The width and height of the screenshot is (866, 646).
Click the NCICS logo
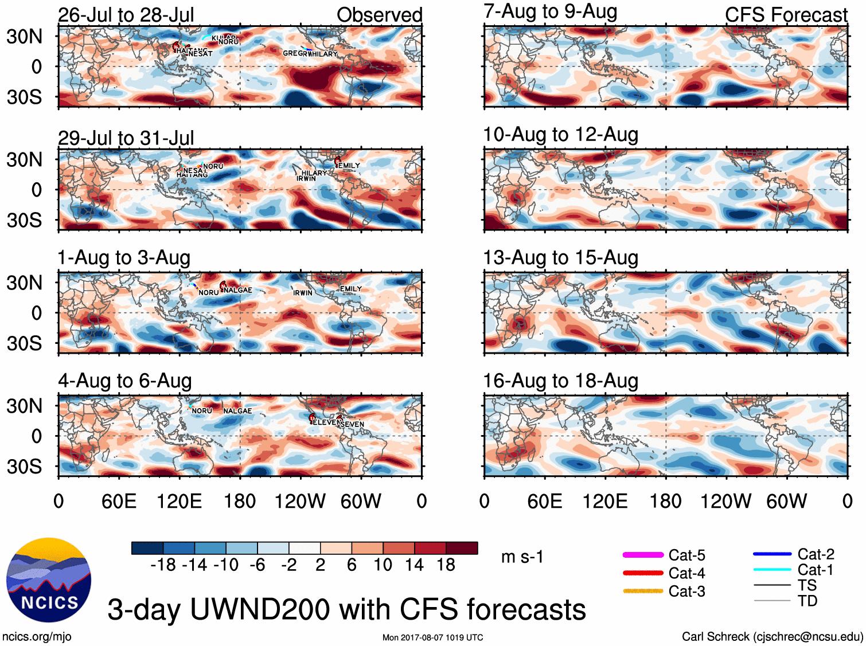[x=49, y=580]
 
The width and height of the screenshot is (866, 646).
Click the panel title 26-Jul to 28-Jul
[x=126, y=15]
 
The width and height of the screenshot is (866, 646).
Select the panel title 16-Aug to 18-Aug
[x=560, y=381]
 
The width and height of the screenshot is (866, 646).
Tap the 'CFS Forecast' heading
[x=786, y=15]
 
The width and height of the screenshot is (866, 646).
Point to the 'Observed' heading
[x=379, y=15]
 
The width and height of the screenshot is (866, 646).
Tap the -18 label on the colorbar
[x=163, y=565]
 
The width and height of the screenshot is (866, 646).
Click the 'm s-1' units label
[x=522, y=557]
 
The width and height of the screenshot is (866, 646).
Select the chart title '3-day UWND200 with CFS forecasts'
[x=346, y=609]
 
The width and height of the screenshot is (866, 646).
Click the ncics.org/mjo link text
[x=37, y=636]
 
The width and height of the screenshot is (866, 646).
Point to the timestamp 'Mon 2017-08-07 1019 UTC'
[x=432, y=637]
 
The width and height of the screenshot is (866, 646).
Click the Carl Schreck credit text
[x=772, y=636]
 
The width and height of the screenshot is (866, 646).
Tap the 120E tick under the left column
[x=179, y=502]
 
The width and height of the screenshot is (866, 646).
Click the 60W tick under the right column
[x=786, y=502]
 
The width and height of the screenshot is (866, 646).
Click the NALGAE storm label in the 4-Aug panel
[x=237, y=411]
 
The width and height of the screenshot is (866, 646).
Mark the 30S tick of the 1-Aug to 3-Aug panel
[x=24, y=343]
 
